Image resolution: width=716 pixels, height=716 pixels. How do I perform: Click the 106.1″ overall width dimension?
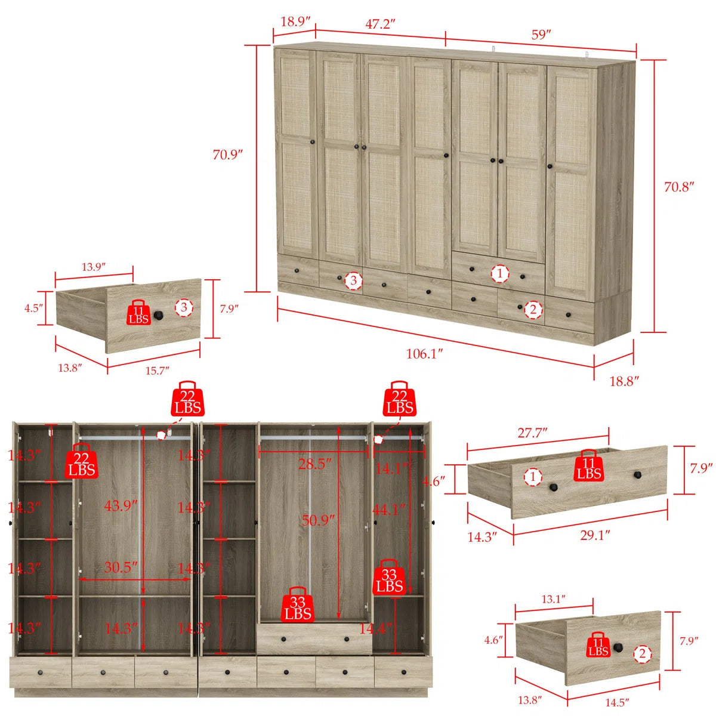coord(424,353)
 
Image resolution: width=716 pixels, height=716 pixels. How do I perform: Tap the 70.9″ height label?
coord(227,154)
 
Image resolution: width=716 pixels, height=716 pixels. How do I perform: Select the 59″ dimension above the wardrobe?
coord(541,35)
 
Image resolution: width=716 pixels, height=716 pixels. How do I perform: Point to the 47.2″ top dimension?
coord(379,24)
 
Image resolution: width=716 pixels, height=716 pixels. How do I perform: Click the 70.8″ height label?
coord(679,187)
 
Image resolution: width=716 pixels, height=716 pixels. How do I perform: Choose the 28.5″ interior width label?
coord(314,464)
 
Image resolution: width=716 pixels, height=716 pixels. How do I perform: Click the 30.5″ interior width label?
coord(121,567)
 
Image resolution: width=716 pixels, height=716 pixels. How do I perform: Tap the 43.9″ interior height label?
coord(121,506)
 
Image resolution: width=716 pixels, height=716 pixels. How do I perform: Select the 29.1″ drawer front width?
coord(595,535)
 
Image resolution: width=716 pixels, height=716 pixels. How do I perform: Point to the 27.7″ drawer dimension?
coord(532,433)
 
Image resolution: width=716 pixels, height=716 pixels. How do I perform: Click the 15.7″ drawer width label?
coord(157,371)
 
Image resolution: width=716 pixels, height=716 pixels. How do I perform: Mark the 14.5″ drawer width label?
coord(617,702)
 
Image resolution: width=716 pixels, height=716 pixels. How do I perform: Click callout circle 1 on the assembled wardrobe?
coord(500,274)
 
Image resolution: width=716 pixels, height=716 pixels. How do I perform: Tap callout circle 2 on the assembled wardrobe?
coord(533,309)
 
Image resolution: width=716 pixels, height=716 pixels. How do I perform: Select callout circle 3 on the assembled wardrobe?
coord(353,280)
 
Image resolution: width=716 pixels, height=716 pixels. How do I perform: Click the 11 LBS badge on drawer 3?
coord(139,313)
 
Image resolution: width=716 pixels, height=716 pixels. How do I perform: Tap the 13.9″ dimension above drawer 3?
coord(94,267)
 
